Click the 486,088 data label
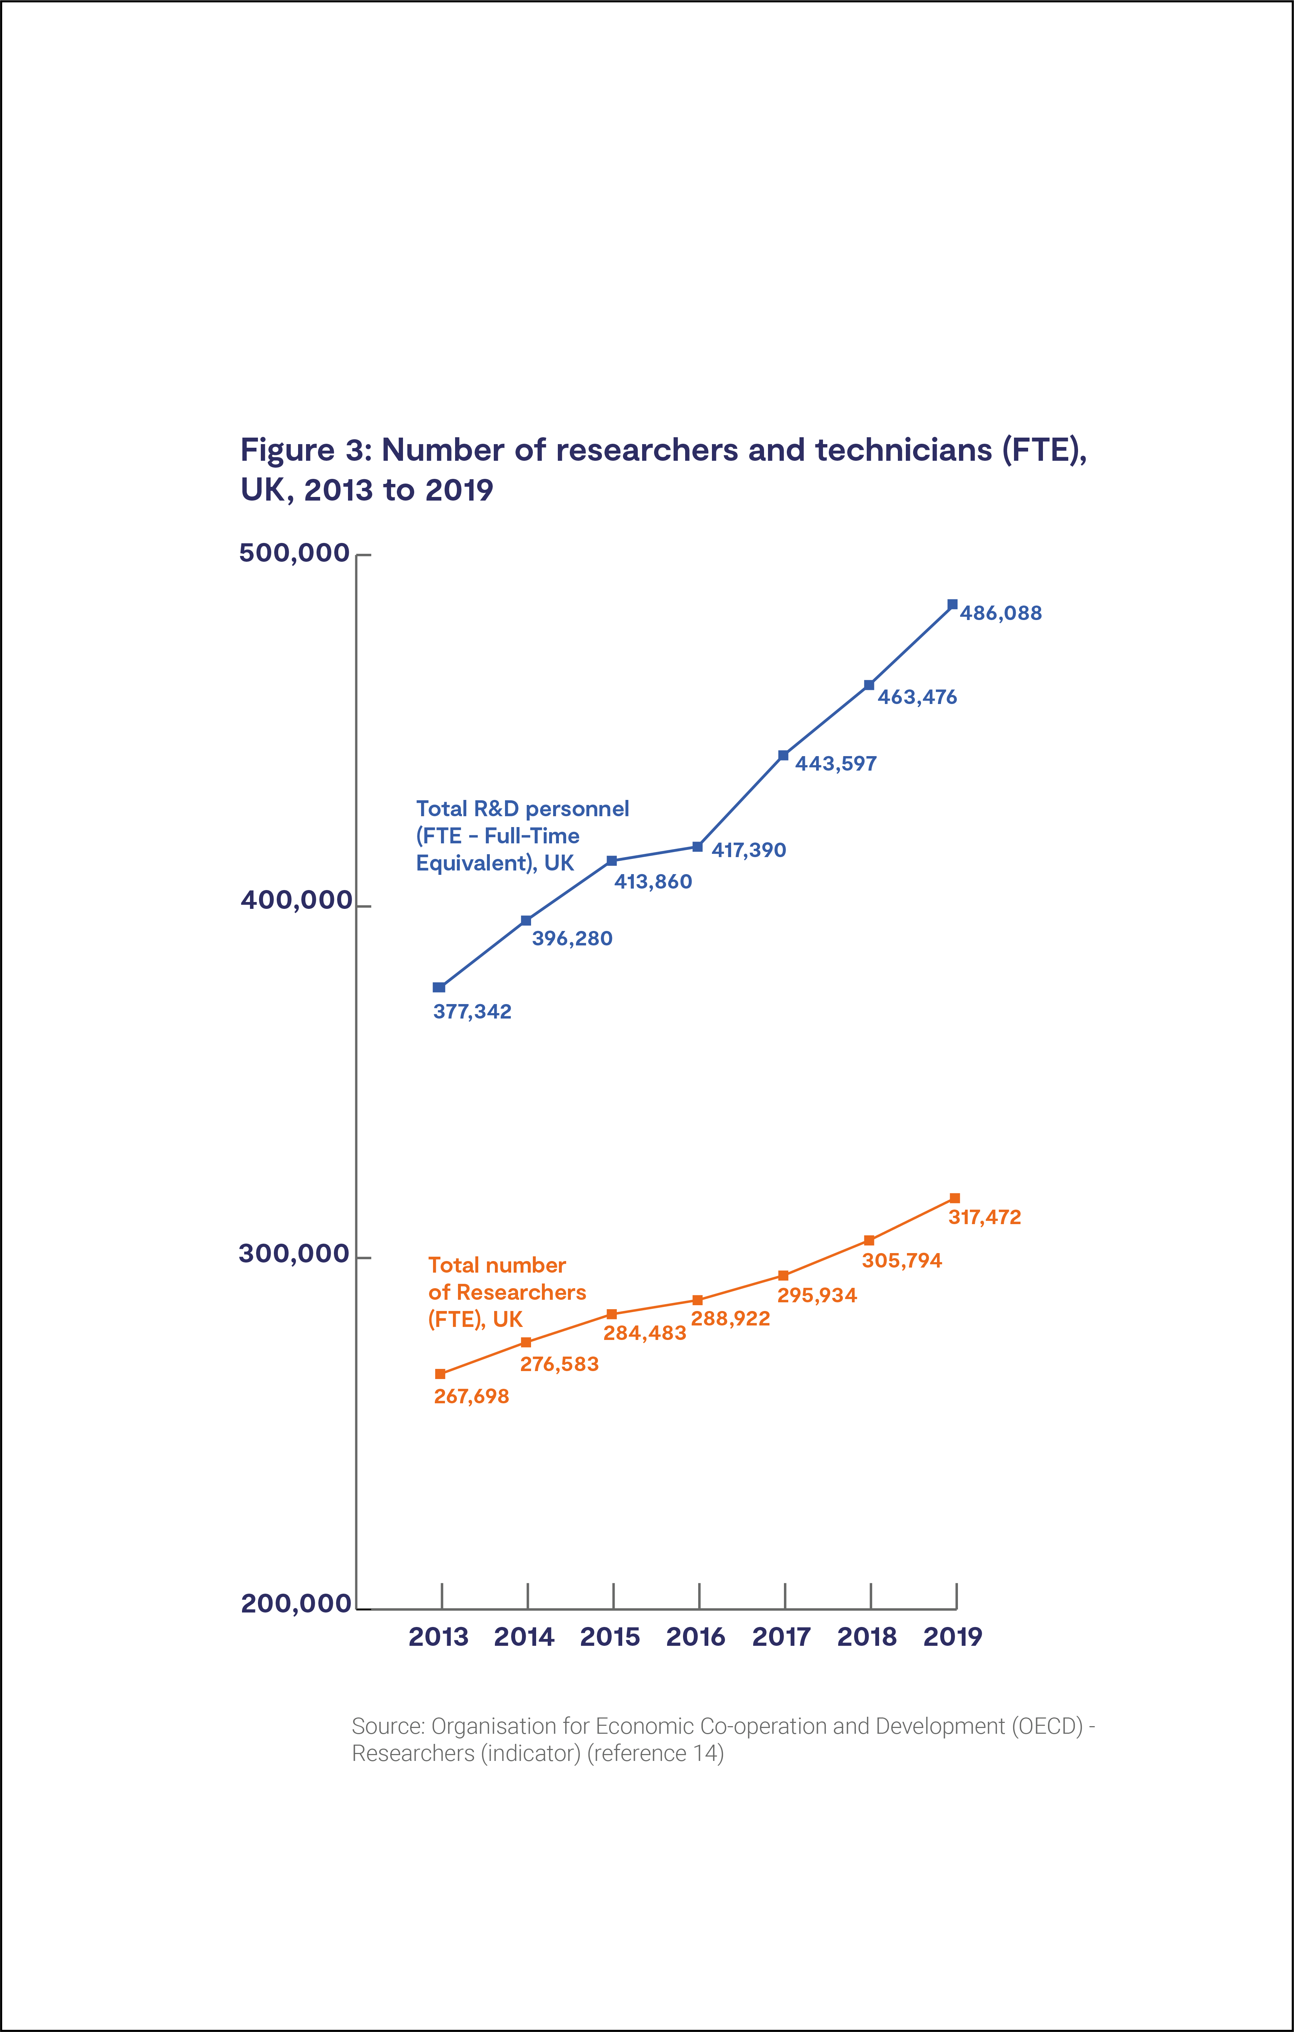[1001, 614]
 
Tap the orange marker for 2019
[954, 1198]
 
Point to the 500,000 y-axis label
[294, 553]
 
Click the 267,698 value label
[471, 1396]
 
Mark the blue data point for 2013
[439, 987]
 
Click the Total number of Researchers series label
[506, 1292]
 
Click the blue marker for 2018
[869, 685]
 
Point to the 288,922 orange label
[730, 1319]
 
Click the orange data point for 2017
[784, 1276]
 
